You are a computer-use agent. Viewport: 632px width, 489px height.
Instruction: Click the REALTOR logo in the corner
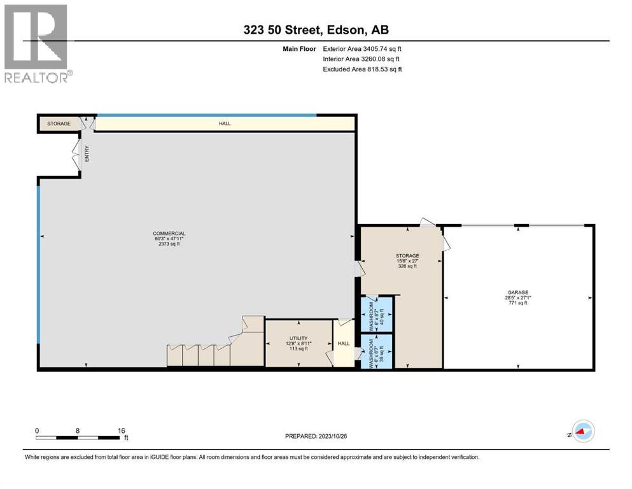point(36,43)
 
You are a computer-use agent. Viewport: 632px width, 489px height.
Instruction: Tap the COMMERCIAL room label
point(169,233)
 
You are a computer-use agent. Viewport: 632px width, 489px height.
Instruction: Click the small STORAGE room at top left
point(59,124)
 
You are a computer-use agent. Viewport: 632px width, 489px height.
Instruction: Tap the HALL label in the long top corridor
point(225,123)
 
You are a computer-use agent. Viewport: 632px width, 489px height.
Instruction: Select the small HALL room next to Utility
point(344,344)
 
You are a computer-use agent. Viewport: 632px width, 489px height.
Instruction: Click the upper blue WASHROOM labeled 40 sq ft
point(376,313)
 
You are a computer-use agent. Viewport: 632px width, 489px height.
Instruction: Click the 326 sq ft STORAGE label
point(407,267)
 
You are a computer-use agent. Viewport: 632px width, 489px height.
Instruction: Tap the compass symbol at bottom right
point(583,431)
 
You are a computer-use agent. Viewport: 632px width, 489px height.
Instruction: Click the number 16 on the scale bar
point(121,430)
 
